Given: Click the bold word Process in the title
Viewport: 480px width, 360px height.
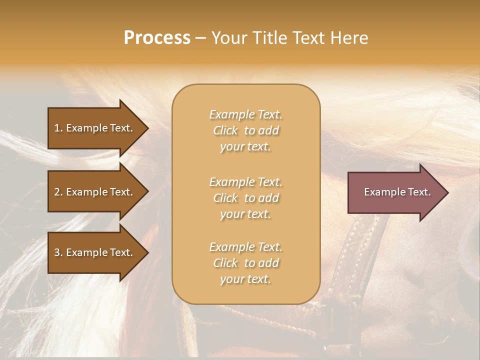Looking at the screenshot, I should tap(157, 38).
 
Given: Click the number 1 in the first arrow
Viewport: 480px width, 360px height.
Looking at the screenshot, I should tap(57, 128).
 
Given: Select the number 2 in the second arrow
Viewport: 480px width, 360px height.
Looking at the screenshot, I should tap(57, 192).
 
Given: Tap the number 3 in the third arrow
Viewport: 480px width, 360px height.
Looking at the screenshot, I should tap(57, 252).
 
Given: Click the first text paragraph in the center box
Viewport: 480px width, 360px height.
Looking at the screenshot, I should tap(245, 130).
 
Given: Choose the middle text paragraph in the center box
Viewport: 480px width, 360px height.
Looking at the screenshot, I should tap(245, 198).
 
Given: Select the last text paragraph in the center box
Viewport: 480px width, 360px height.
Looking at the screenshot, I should tap(245, 263).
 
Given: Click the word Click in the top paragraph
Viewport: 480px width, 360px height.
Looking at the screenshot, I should tap(225, 130).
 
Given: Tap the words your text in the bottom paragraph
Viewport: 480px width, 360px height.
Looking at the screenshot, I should tap(245, 279).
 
